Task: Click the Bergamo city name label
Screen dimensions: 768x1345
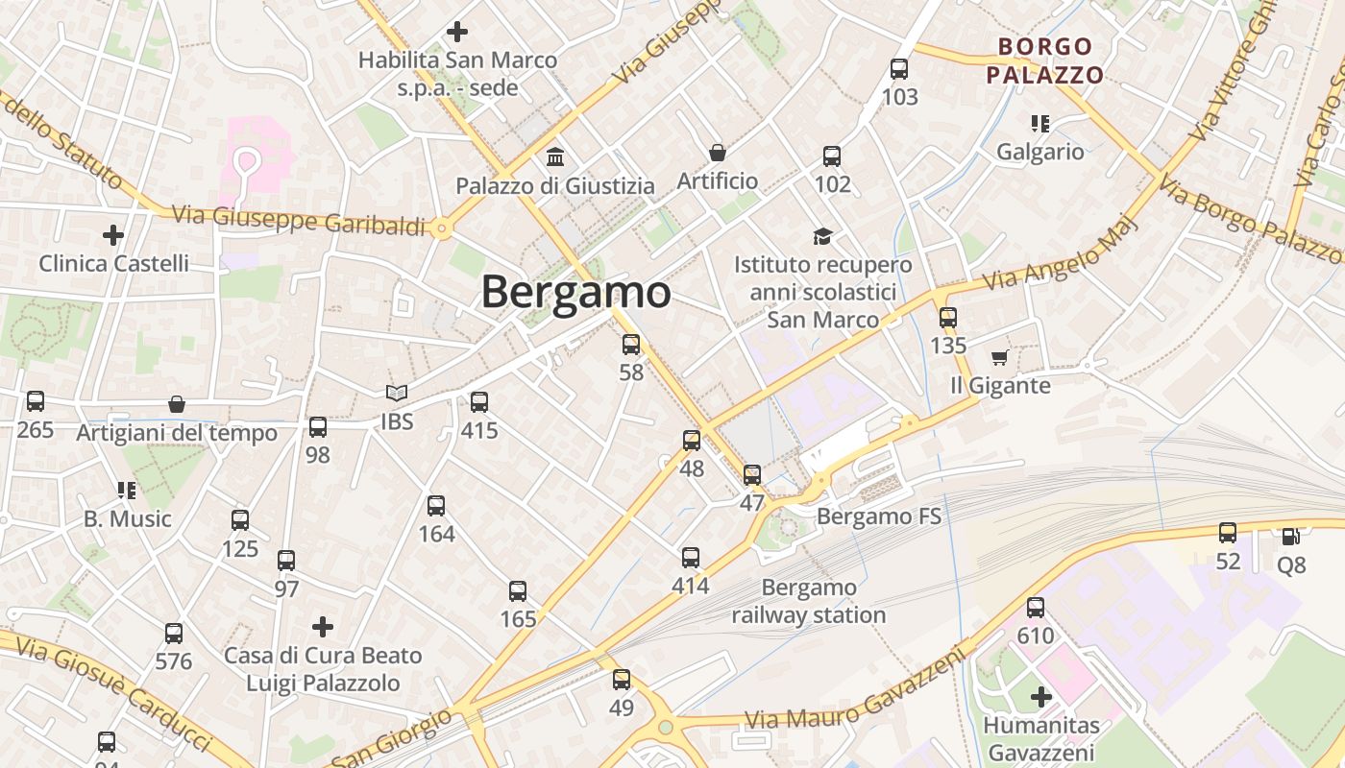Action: point(575,292)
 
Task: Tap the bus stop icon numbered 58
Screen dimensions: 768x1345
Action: point(631,345)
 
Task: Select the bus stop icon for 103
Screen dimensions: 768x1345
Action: point(899,69)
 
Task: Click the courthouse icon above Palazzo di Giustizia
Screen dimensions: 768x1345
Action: point(555,156)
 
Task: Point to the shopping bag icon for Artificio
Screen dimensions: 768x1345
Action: point(717,153)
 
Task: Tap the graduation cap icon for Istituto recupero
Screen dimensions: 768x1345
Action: point(822,236)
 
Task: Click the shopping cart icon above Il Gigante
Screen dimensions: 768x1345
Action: point(999,358)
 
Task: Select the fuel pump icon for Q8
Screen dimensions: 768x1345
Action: point(1291,536)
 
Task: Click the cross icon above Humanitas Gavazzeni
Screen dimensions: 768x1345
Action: point(1040,697)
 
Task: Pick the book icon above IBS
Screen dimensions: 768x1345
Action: point(396,393)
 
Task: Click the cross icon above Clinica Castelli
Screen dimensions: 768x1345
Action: point(113,234)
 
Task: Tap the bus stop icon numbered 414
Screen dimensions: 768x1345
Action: point(691,558)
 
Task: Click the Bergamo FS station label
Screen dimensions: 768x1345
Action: point(878,517)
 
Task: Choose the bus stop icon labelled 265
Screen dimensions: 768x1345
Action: point(36,401)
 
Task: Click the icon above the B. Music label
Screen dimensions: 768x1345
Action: point(126,491)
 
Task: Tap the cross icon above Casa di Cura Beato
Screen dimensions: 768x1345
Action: point(323,627)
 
